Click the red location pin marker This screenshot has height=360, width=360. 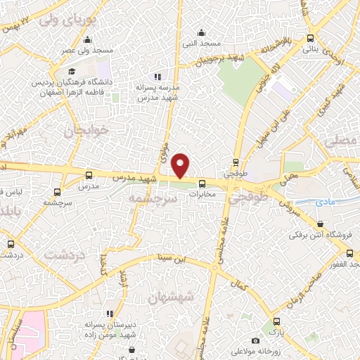coord(181,165)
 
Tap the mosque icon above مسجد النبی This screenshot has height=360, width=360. coord(202,32)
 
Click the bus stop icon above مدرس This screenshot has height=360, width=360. coord(89,175)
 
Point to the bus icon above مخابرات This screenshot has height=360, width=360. coord(202,185)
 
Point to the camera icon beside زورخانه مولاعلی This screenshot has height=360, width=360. coord(255,341)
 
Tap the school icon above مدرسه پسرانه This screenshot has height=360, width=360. coord(157,76)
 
